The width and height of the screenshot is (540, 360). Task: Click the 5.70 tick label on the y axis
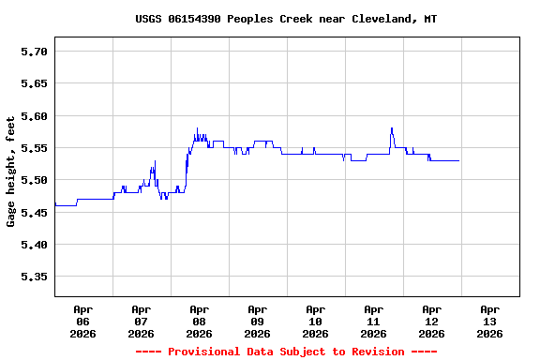(35, 52)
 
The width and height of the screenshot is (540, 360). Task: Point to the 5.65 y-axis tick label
(35, 83)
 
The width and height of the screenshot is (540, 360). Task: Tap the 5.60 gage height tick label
(35, 116)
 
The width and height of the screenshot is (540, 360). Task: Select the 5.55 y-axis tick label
(35, 148)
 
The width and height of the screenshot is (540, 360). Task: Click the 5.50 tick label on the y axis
(35, 180)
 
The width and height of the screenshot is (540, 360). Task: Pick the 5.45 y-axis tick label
(35, 213)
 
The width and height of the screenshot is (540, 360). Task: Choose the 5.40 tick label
(35, 245)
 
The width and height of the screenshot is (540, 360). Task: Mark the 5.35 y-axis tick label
(35, 277)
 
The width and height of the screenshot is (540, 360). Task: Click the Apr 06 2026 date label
(83, 321)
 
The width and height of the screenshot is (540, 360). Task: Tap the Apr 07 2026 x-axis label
(142, 321)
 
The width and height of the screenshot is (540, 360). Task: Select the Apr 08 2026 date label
(200, 321)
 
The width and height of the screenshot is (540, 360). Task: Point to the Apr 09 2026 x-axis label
(258, 321)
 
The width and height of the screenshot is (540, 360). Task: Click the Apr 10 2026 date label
(316, 321)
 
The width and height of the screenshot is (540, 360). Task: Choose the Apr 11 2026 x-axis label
(374, 321)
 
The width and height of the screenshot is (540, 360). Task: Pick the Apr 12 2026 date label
(432, 321)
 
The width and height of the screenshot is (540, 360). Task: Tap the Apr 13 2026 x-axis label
(490, 321)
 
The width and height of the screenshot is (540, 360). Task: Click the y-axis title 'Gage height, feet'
(11, 172)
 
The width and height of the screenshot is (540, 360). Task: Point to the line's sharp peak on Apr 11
(391, 128)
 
